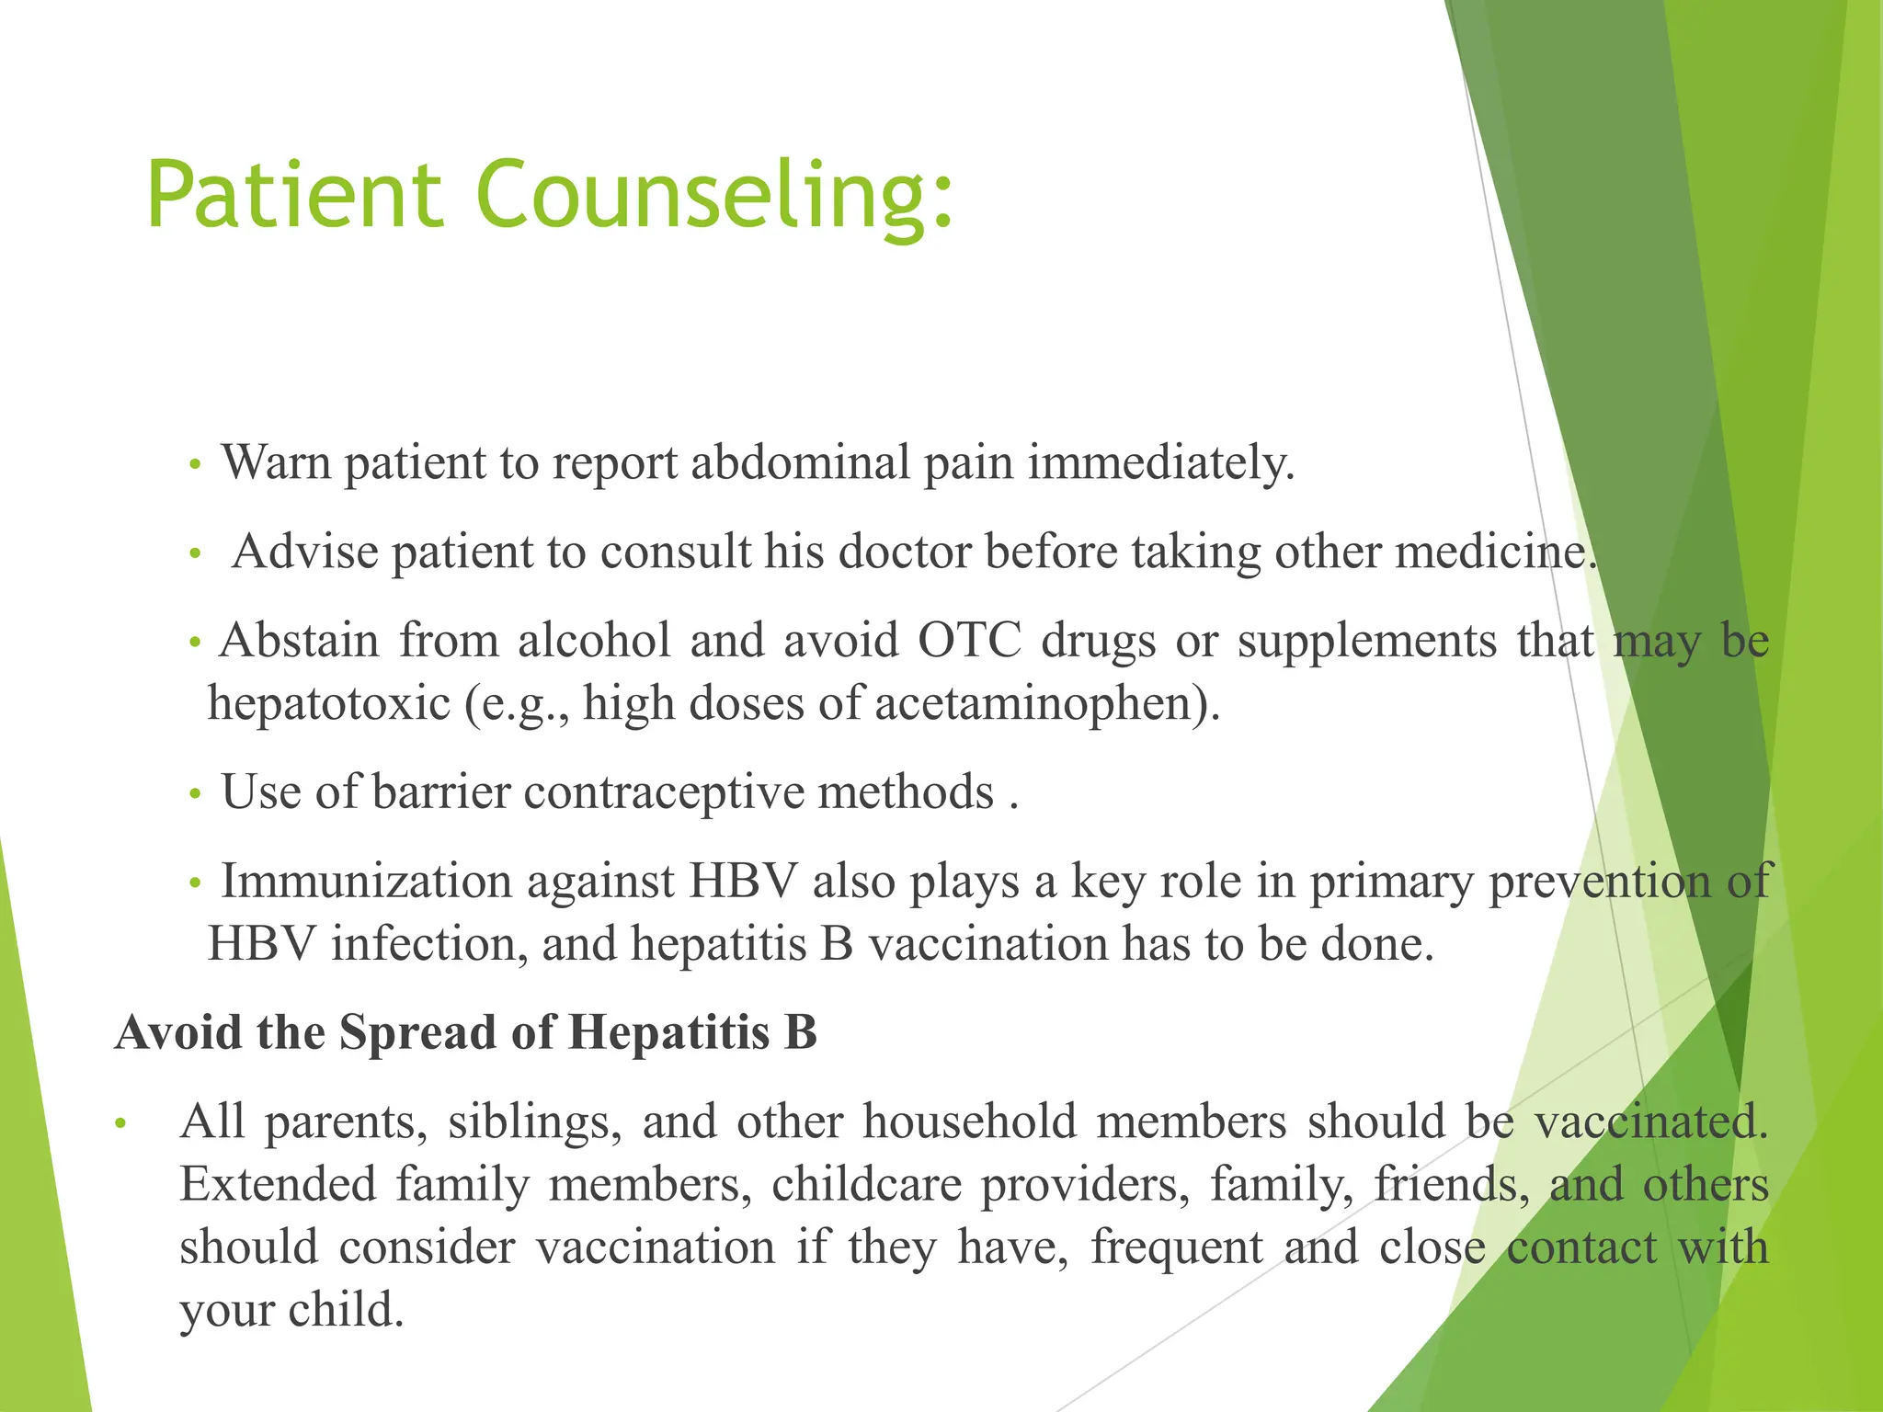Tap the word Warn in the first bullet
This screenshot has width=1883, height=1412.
point(276,462)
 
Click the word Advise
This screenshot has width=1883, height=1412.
point(305,552)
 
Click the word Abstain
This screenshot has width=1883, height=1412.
point(300,640)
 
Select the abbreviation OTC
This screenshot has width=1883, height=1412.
point(969,640)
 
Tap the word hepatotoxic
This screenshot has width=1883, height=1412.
point(329,704)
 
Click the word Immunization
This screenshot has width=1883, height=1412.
point(366,882)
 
